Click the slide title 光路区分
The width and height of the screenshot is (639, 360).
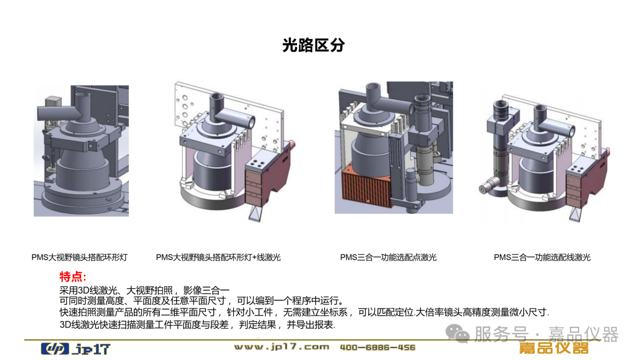pos(314,45)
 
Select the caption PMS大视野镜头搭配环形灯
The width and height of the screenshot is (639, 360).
pos(79,257)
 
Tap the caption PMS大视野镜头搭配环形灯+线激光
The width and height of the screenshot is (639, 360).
pos(218,257)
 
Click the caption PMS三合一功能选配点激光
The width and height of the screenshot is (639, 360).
pos(388,257)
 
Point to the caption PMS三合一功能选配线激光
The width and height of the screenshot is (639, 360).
pos(542,257)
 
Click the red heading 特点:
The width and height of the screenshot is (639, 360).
pos(73,277)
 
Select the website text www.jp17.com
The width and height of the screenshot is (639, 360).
pos(282,347)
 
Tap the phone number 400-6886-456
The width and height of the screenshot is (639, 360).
pos(377,348)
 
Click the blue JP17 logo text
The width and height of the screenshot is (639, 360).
pos(92,349)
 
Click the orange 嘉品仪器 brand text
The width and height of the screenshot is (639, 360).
pos(554,348)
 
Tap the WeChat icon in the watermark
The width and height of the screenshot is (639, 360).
pos(457,333)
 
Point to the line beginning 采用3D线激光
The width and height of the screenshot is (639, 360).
pos(144,290)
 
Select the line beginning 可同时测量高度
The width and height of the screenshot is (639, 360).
pos(202,301)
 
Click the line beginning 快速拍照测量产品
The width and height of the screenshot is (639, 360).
pos(304,312)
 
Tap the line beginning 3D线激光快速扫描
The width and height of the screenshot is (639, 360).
pos(197,324)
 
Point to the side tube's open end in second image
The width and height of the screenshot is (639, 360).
pos(251,122)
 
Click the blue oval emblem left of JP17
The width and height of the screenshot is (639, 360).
pos(55,349)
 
